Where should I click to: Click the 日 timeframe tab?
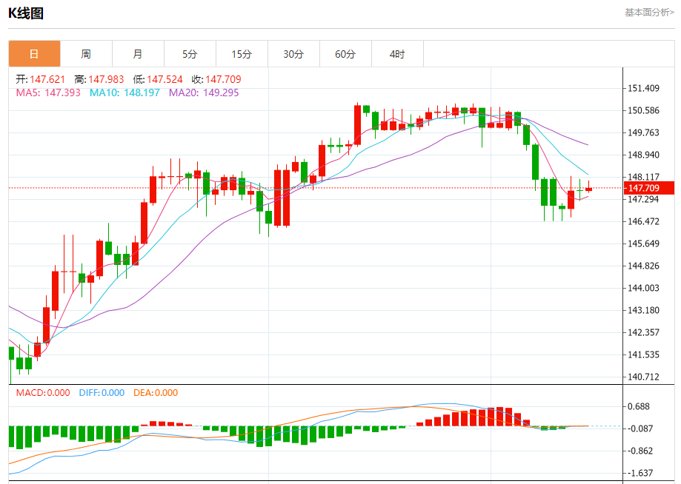tap(34, 54)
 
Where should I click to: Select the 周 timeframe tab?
tap(86, 54)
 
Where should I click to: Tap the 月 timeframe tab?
tap(138, 54)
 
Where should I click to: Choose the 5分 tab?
tap(190, 54)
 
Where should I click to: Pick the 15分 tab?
tap(242, 54)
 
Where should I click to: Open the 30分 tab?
tap(293, 54)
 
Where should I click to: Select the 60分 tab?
tap(345, 54)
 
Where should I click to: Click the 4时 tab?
tap(397, 54)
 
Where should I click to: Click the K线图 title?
tap(27, 13)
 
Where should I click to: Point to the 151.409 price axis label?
tap(643, 89)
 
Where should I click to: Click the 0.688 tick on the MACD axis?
tap(639, 407)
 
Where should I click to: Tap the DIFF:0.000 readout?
tap(102, 393)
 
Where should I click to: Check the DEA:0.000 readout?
tap(156, 393)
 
